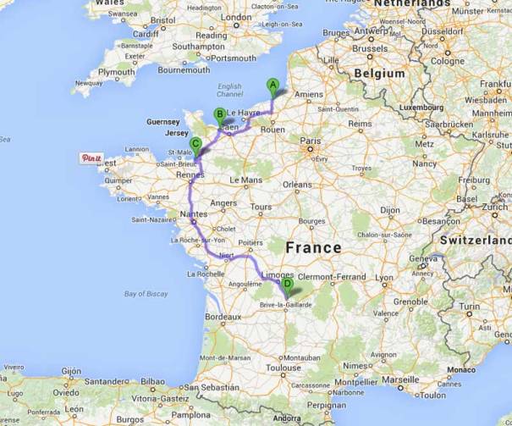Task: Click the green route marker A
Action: pyautogui.click(x=272, y=84)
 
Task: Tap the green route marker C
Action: pyautogui.click(x=195, y=144)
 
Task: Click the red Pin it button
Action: pyautogui.click(x=91, y=158)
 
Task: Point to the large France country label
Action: pyautogui.click(x=313, y=247)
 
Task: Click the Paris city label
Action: pyautogui.click(x=311, y=141)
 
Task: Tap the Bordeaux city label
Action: pyautogui.click(x=223, y=316)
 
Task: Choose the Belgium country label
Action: pyautogui.click(x=379, y=74)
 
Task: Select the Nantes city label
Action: pyautogui.click(x=194, y=217)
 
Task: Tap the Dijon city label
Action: pyautogui.click(x=388, y=207)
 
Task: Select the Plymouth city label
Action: pyautogui.click(x=116, y=73)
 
